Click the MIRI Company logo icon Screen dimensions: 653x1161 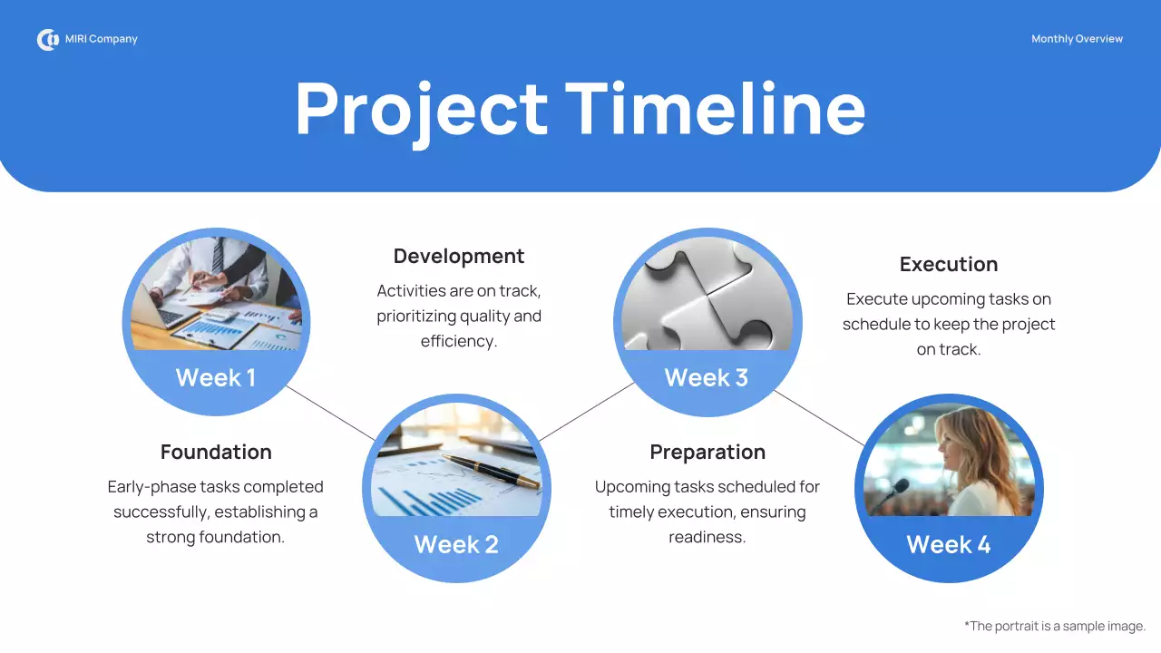click(47, 40)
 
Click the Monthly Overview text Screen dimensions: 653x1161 click(1077, 39)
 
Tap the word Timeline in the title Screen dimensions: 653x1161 click(716, 109)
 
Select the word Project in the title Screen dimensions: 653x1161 click(421, 109)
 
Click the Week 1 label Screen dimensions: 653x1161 click(216, 378)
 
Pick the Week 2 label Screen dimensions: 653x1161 click(456, 544)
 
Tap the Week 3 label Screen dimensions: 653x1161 click(706, 378)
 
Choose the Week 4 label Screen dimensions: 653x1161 click(949, 544)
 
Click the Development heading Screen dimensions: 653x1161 click(459, 257)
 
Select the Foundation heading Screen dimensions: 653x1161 click(216, 452)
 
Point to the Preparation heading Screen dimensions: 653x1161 click(707, 452)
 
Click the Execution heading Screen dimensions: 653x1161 click(949, 264)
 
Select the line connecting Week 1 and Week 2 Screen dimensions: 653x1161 click(330, 413)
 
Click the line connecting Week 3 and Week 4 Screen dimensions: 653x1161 click(819, 418)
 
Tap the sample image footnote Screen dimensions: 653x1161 click(1055, 626)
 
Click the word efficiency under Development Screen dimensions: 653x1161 click(459, 342)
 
